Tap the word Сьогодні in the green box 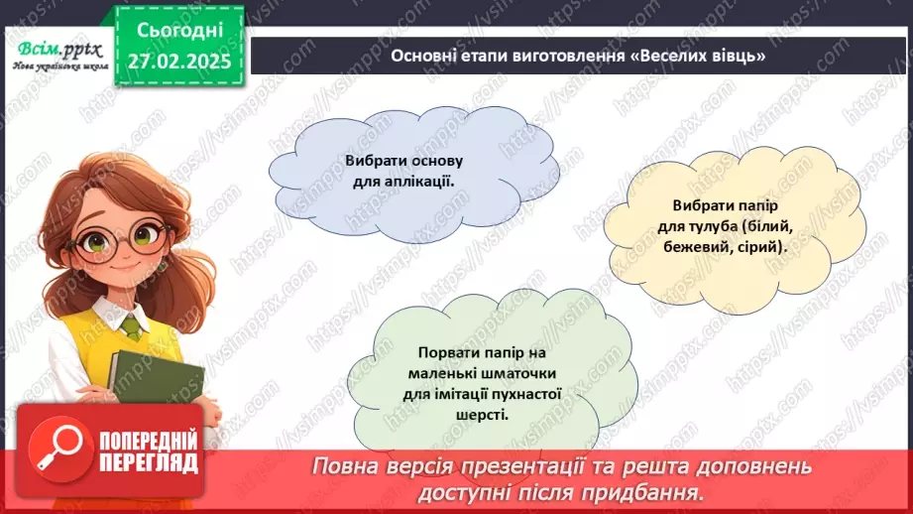[179, 31]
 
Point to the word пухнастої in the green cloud [531, 394]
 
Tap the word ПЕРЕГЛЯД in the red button [148, 462]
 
